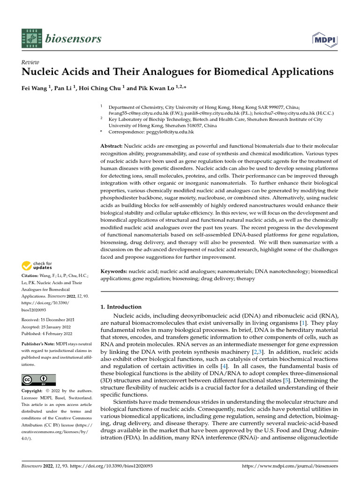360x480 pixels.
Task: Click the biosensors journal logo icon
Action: (x=31, y=38)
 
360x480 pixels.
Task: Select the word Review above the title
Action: (x=30, y=62)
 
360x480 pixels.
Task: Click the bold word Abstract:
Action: (x=112, y=146)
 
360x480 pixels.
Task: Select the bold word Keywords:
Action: (x=114, y=271)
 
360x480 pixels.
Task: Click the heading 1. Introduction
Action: (x=121, y=307)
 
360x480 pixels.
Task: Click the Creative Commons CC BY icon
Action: (x=38, y=380)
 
